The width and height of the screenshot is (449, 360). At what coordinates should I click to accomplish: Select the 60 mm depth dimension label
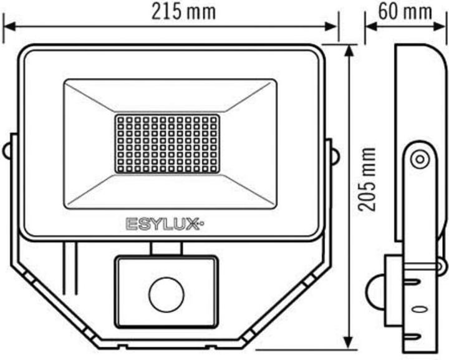click(405, 12)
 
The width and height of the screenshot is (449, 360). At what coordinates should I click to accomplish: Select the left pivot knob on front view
click(7, 150)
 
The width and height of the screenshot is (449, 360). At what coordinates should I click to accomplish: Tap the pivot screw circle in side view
click(418, 159)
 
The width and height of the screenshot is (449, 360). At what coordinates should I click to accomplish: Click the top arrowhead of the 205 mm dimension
click(350, 49)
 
